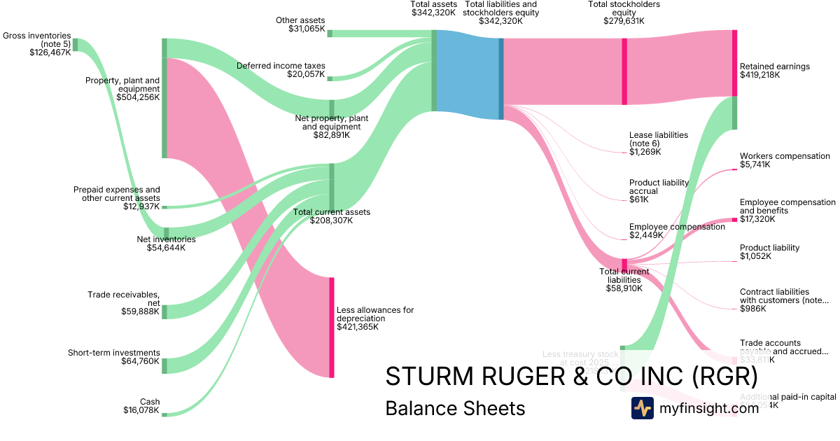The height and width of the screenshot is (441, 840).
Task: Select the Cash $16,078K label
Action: pos(141,406)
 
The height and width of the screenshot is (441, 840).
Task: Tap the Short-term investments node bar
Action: pos(164,365)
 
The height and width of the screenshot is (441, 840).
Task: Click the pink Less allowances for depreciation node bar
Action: pos(332,327)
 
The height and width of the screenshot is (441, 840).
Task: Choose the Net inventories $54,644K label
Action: pos(166,243)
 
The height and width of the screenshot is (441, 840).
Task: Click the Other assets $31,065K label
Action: pos(300,24)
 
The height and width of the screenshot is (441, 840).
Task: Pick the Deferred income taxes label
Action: pos(281,70)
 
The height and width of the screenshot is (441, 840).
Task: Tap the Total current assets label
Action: pos(331,216)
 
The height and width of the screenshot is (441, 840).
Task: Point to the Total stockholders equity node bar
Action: pos(624,71)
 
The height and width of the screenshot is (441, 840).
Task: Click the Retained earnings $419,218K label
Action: pos(774,71)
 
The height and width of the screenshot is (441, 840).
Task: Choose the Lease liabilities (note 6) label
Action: pos(658,143)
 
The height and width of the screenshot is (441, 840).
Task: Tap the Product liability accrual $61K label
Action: pos(658,190)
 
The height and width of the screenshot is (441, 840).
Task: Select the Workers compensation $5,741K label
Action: pos(784,160)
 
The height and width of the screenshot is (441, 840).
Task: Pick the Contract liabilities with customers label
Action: pos(785,300)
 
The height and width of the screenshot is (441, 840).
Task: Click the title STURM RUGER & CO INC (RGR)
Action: pos(571,377)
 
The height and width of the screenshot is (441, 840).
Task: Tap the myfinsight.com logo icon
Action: pos(642,408)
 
